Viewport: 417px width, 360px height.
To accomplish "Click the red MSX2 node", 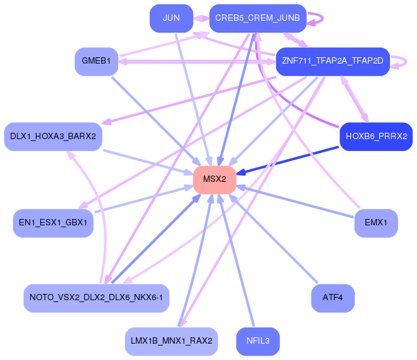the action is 214,179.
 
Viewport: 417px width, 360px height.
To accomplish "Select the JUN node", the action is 171,18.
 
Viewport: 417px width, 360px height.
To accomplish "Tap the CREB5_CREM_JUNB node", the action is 258,18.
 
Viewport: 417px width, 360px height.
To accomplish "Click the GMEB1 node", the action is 96,62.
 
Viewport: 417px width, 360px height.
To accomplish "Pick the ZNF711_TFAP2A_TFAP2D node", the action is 333,62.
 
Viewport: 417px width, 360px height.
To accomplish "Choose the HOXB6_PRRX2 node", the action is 376,137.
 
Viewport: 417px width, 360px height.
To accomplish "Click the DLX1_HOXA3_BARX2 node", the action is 53,137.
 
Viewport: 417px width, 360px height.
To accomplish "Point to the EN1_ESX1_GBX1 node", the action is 53,223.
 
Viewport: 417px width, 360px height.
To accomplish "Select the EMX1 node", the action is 376,223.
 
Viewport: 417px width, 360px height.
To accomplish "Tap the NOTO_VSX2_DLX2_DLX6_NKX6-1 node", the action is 96,298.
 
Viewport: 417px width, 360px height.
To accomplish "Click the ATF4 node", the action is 333,298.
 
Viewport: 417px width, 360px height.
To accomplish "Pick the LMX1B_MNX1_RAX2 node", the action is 171,341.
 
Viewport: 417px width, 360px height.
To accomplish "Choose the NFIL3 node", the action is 258,341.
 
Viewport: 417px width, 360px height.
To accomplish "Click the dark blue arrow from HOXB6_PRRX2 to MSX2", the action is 287,160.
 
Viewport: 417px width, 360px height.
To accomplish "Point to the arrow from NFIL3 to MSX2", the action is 236,260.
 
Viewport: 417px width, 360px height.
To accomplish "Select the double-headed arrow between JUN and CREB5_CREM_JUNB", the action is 201,18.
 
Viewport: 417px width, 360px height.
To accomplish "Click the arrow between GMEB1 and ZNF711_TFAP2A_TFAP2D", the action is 197,62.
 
